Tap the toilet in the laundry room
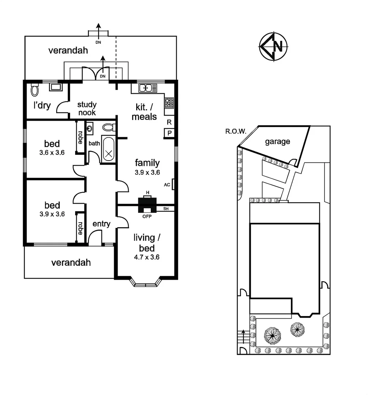pos(35,90)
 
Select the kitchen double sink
pos(148,88)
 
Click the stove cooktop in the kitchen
pos(169,103)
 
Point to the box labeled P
pos(169,133)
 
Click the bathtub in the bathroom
pos(108,149)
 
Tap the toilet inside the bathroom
pos(108,127)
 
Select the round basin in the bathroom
pos(90,128)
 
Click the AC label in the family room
pos(167,185)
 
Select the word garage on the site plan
pos(277,142)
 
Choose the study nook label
pos(87,109)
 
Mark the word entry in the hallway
pos(101,224)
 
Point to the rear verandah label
pos(68,50)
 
